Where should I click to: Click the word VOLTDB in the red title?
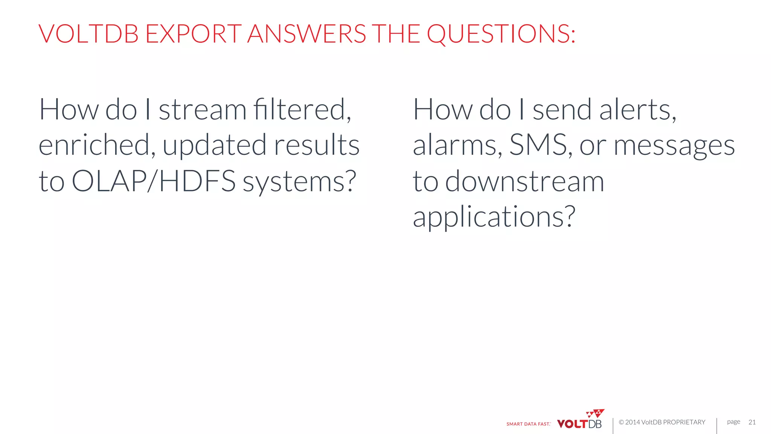click(x=89, y=34)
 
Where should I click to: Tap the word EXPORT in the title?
click(x=193, y=34)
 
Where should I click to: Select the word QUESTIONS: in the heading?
click(x=501, y=34)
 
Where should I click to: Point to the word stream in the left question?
click(x=203, y=110)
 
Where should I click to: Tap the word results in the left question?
click(x=317, y=145)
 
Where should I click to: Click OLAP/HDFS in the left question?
click(x=154, y=181)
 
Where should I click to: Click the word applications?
click(x=494, y=217)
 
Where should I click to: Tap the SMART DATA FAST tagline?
click(x=528, y=424)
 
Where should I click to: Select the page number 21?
click(x=752, y=422)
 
